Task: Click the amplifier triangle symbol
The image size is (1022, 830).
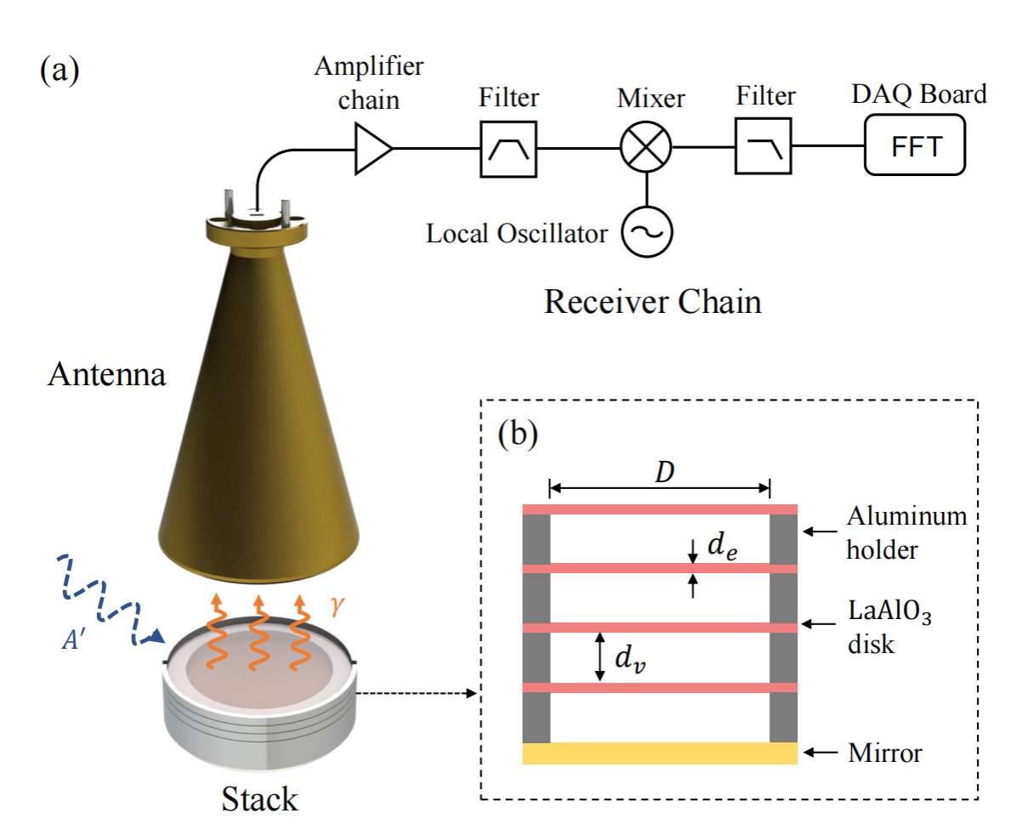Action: [x=372, y=150]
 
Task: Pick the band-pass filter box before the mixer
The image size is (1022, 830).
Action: [x=508, y=150]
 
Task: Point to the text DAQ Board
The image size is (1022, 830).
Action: [x=918, y=94]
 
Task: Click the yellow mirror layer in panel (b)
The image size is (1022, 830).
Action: [x=659, y=753]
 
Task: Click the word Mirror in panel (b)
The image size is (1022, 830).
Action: [x=885, y=753]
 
